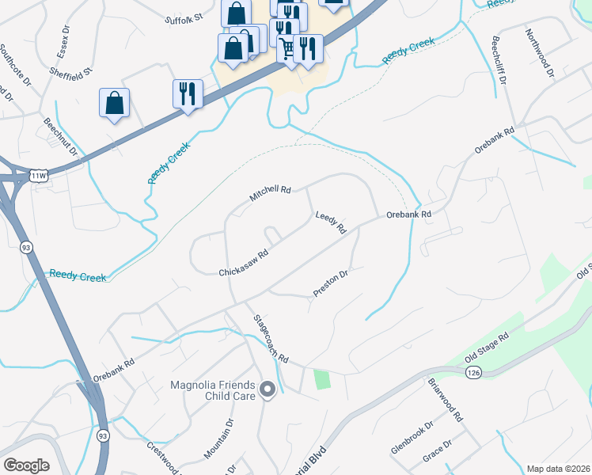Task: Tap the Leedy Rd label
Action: (x=331, y=222)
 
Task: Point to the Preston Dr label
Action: (x=331, y=283)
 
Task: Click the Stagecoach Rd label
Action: (x=270, y=339)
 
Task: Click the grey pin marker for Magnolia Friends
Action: (x=267, y=389)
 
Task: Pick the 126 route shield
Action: (x=472, y=371)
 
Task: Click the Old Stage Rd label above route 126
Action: (x=510, y=345)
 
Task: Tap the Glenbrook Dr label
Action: (x=412, y=439)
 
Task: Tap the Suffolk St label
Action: (x=184, y=17)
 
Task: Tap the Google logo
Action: (x=26, y=465)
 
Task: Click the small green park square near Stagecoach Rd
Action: (x=321, y=379)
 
